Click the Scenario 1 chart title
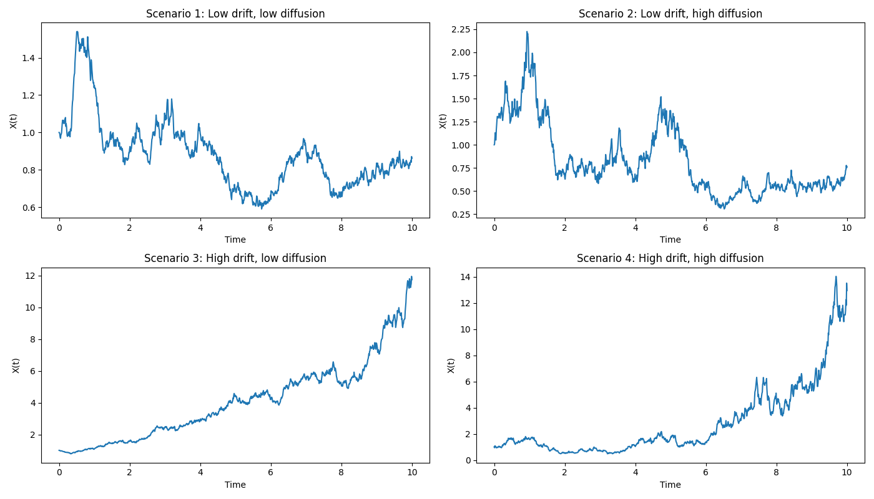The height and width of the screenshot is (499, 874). tap(235, 14)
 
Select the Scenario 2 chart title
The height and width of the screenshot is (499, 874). tap(670, 14)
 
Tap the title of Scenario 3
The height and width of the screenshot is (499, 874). tap(235, 258)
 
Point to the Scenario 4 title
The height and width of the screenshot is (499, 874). tap(670, 258)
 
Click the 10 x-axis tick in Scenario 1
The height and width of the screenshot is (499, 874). tap(411, 228)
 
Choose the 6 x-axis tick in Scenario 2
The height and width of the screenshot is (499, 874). tap(705, 228)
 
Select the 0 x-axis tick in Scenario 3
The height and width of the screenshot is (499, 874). tap(59, 473)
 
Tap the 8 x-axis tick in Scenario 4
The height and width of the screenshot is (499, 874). tap(776, 473)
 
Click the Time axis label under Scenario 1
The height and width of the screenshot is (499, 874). tap(235, 240)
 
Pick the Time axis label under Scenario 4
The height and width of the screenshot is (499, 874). tap(670, 485)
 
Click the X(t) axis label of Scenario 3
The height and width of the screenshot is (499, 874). tap(16, 366)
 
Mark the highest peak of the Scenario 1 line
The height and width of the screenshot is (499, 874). tap(77, 32)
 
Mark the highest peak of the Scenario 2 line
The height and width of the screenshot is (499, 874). tap(527, 32)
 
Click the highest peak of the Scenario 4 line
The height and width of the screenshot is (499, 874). tap(836, 277)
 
